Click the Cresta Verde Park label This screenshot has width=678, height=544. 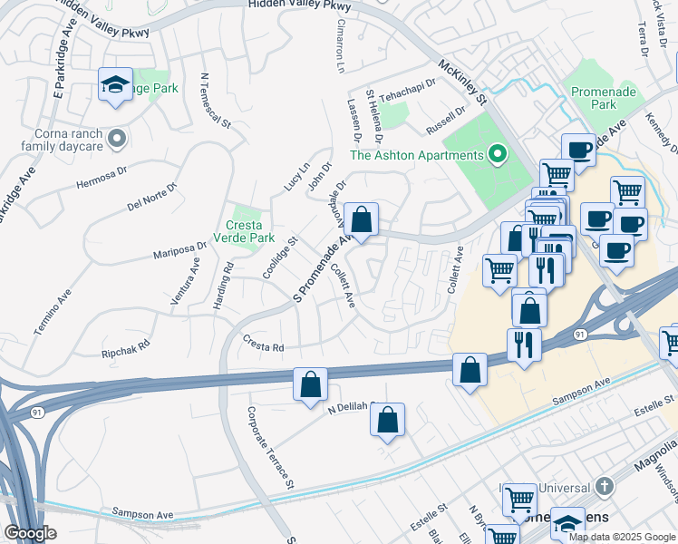click(x=245, y=231)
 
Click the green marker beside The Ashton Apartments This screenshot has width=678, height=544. click(x=497, y=155)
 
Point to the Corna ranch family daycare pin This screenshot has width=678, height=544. click(x=116, y=139)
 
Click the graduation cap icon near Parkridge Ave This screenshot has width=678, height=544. click(x=115, y=84)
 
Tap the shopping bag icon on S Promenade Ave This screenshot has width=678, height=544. click(x=361, y=219)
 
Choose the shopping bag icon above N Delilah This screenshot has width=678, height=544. click(x=310, y=384)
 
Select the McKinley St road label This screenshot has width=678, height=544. click(x=462, y=82)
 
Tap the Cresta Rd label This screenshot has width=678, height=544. click(x=264, y=345)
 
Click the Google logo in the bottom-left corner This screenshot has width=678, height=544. click(x=30, y=534)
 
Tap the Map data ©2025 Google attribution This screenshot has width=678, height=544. click(x=622, y=537)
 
